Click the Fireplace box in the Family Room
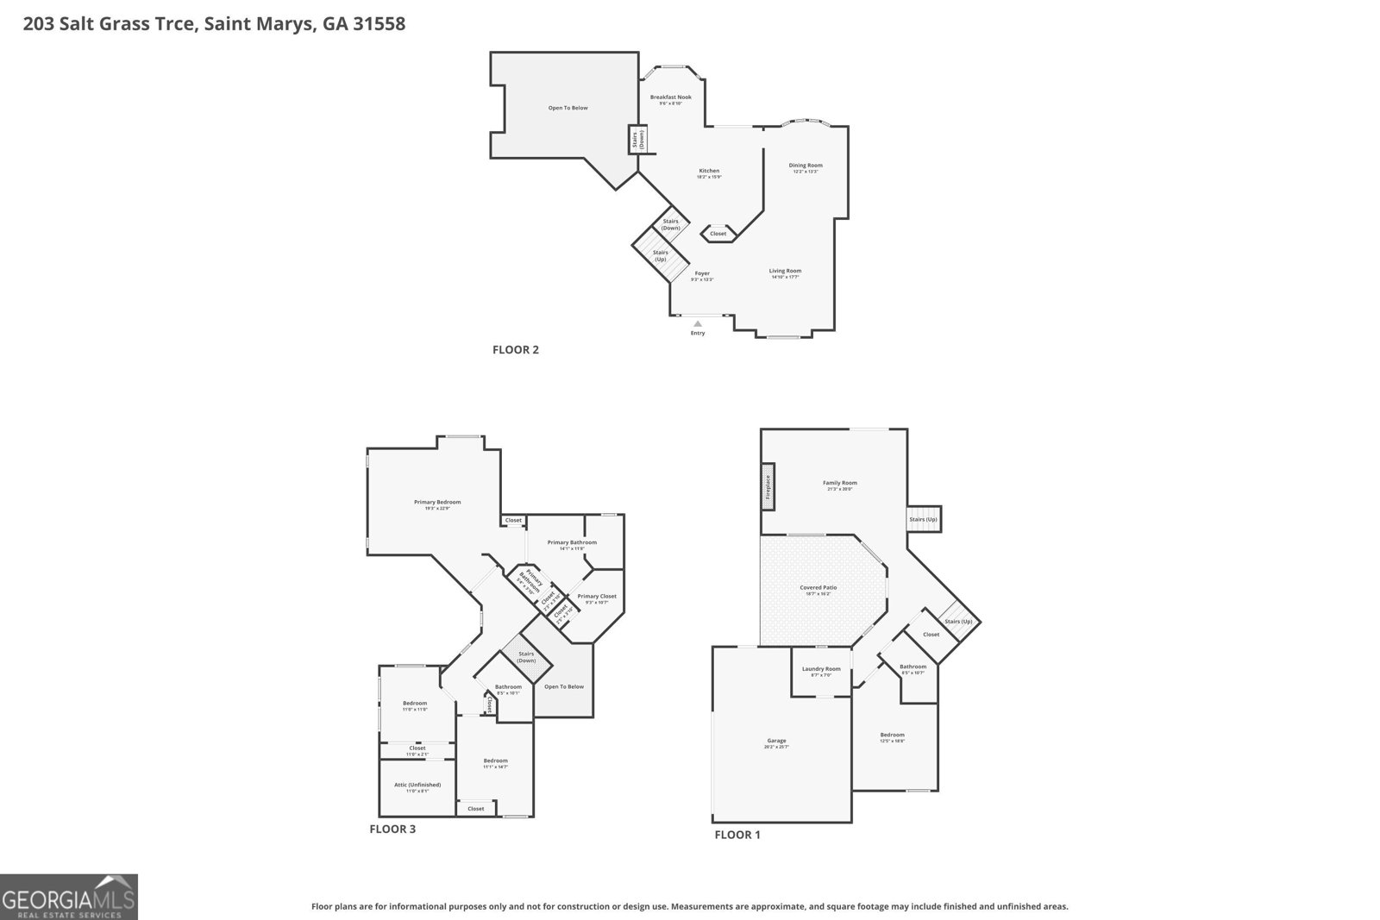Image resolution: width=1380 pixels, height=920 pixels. [767, 486]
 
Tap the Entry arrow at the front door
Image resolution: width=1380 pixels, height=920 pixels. [698, 324]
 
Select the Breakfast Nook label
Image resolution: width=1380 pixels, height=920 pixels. [670, 97]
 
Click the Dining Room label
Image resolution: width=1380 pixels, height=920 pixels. [806, 166]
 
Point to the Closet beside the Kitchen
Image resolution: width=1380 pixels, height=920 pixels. [718, 234]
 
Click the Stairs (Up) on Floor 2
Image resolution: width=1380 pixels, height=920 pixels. [661, 256]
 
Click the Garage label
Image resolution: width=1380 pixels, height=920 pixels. [776, 741]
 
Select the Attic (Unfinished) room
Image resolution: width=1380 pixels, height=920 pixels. [417, 785]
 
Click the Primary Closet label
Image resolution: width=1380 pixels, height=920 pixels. [597, 597]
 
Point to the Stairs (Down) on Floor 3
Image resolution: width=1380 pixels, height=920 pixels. [526, 657]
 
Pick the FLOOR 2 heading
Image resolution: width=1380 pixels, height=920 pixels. [516, 350]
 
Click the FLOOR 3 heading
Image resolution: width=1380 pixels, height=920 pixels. [392, 829]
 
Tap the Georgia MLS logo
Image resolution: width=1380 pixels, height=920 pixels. [69, 897]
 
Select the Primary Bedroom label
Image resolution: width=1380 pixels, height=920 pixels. [437, 503]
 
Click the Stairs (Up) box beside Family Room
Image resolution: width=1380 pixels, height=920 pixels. [923, 519]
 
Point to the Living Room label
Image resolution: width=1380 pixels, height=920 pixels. [785, 272]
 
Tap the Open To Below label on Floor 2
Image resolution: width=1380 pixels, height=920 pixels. [568, 108]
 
